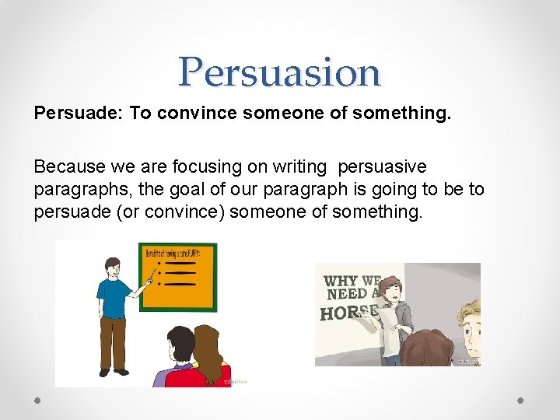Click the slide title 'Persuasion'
pyautogui.click(x=279, y=72)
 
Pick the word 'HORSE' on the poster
pyautogui.click(x=349, y=313)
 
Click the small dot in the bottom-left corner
pyautogui.click(x=37, y=400)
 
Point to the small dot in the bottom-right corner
pyautogui.click(x=520, y=400)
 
